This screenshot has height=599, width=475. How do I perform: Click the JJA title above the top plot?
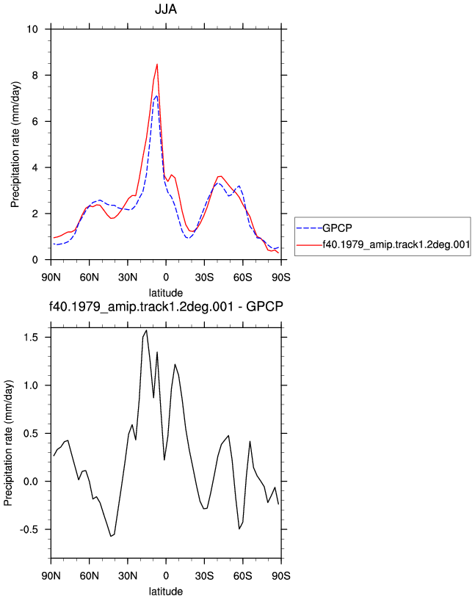point(166,9)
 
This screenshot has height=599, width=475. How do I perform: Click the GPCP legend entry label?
point(337,228)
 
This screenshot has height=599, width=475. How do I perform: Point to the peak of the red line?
point(157,64)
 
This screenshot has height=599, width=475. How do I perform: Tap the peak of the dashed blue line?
point(156,96)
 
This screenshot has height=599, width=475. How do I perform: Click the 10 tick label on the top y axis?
point(32,29)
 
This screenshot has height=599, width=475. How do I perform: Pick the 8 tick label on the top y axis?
point(35,76)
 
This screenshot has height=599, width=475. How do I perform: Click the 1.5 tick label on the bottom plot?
point(31,338)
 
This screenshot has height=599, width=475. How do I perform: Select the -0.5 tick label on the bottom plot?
point(29,529)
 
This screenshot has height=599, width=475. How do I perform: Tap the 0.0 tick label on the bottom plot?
point(31,482)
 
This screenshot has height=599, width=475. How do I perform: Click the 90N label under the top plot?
point(51,277)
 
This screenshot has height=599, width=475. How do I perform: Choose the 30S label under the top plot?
point(204,277)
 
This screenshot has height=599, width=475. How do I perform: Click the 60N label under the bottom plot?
point(89,576)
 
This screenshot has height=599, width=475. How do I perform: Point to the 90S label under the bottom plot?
point(281,576)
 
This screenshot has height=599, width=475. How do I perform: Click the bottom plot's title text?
point(166,306)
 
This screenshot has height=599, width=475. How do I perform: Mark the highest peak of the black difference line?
point(146,330)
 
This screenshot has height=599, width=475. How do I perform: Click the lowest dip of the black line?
point(111,537)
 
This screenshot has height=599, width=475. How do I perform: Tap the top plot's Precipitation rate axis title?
point(15,145)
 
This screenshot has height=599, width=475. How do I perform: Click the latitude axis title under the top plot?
point(166,293)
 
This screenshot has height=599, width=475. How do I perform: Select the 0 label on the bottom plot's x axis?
point(166,576)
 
